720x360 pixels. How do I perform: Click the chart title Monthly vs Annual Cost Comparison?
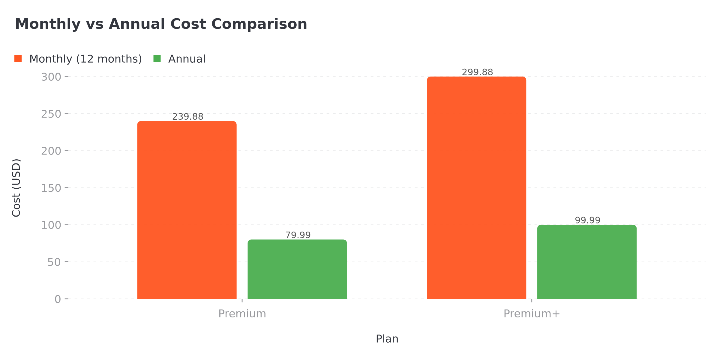click(x=161, y=24)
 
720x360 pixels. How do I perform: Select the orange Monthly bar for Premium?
click(x=187, y=210)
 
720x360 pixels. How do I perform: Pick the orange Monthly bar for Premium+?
click(x=476, y=188)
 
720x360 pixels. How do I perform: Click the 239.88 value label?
click(x=188, y=117)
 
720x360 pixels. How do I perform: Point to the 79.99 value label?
click(x=298, y=235)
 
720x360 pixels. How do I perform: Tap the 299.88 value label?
click(x=477, y=72)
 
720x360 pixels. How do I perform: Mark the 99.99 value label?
click(x=587, y=220)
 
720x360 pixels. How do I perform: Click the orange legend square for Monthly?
click(x=18, y=59)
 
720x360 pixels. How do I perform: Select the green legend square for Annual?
click(x=157, y=59)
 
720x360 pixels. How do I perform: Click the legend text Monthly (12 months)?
click(x=85, y=59)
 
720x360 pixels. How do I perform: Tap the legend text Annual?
click(x=187, y=59)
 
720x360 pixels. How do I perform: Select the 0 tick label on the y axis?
click(x=58, y=299)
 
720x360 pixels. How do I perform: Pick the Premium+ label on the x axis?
click(x=532, y=314)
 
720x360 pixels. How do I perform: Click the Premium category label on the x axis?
click(x=242, y=314)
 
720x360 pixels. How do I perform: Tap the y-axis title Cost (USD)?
click(x=16, y=188)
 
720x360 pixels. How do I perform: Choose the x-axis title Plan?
click(x=387, y=339)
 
